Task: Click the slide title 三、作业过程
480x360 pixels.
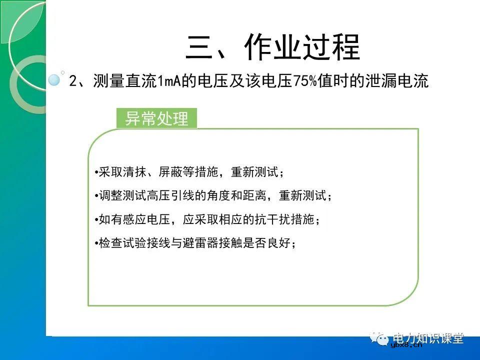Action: pyautogui.click(x=273, y=48)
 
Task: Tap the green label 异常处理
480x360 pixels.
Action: pyautogui.click(x=156, y=119)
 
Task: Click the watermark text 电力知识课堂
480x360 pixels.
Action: pyautogui.click(x=429, y=338)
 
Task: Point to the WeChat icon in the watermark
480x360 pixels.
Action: pyautogui.click(x=382, y=339)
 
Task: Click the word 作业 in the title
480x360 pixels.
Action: pyautogui.click(x=273, y=48)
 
